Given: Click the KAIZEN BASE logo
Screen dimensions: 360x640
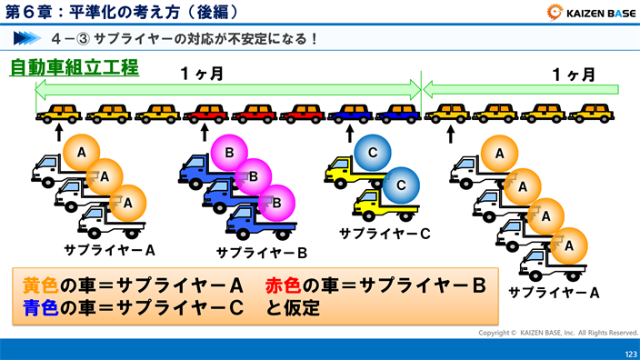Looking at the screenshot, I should (x=592, y=13).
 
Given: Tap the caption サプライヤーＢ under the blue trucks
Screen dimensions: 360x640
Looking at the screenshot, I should (x=262, y=252).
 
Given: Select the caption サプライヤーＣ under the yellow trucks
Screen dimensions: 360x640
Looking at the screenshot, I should (x=385, y=234).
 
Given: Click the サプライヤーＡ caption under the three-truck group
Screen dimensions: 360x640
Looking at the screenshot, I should (x=109, y=248).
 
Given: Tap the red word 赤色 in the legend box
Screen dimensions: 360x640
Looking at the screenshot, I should (x=284, y=285).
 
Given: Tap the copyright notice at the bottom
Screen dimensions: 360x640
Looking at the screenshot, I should (x=558, y=333).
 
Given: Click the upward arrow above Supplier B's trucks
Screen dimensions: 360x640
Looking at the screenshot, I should (x=205, y=133).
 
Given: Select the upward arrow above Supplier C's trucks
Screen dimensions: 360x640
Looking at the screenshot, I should (x=350, y=133).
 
